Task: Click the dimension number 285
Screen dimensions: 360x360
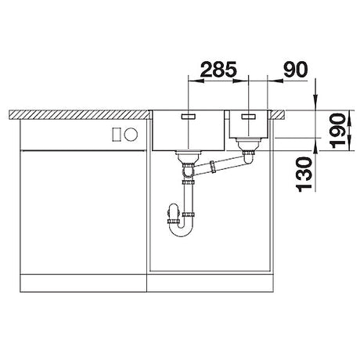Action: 218,69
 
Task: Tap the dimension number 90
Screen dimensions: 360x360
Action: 296,69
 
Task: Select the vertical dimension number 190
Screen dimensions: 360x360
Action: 337,131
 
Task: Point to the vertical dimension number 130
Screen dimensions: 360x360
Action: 304,175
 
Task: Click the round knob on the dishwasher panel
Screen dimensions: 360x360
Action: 131,135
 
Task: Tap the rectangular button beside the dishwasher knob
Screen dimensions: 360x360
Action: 117,135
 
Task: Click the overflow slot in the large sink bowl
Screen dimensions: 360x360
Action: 188,117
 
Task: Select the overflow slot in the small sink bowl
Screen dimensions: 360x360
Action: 249,117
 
